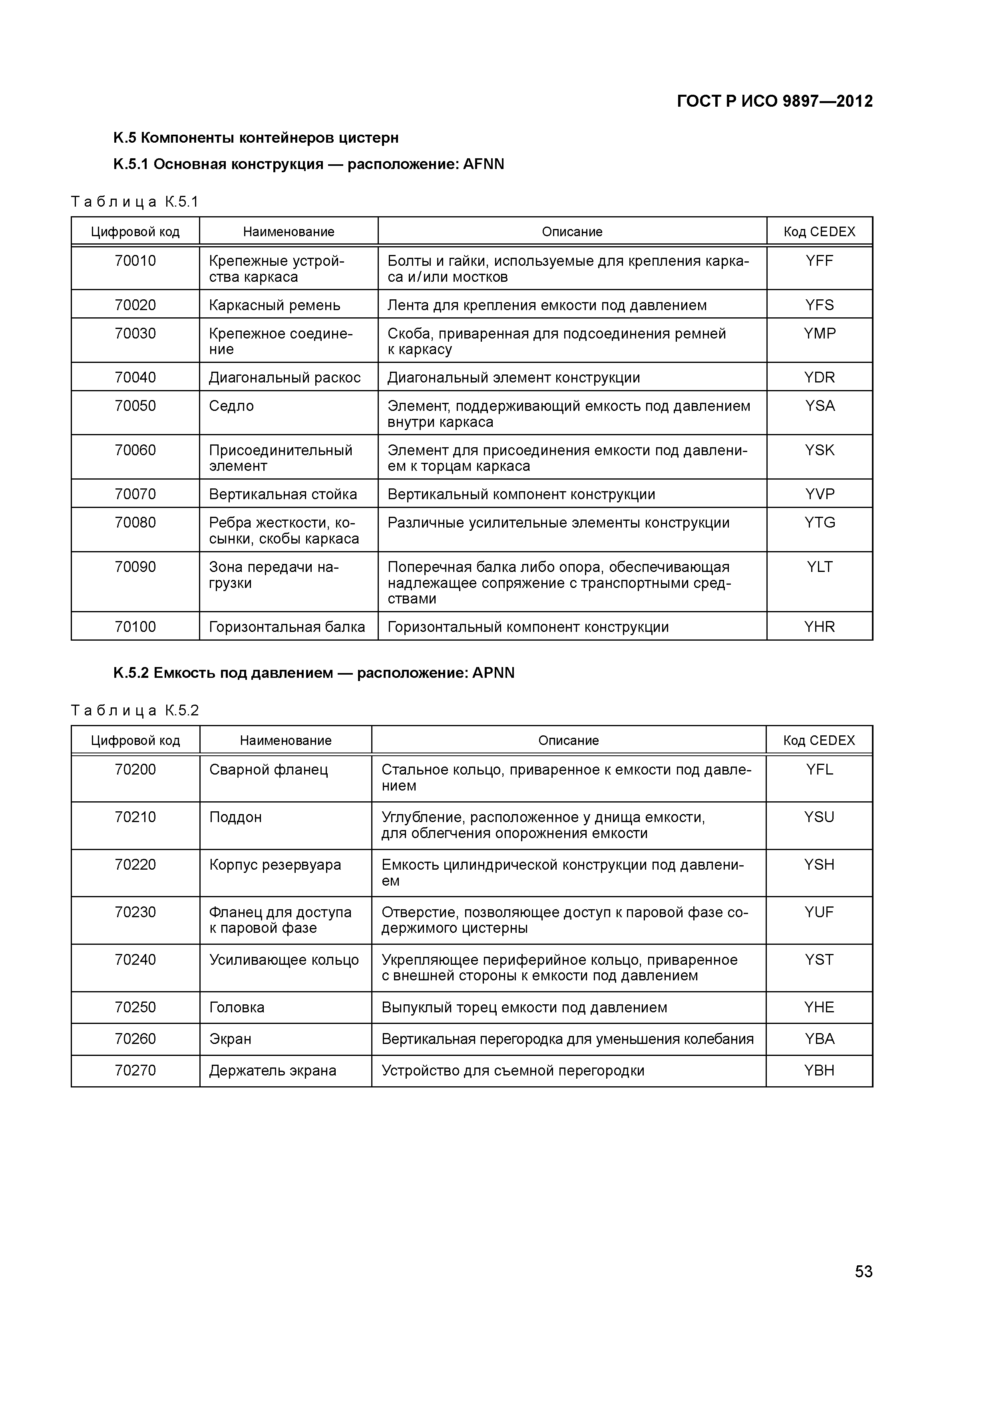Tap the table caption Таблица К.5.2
pos(135,710)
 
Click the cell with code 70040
pos(135,377)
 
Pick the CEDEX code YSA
pos(820,406)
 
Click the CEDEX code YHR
pos(820,627)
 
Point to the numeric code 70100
pos(135,627)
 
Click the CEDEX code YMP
pos(820,333)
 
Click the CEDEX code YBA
pos(820,1039)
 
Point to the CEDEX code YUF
pos(820,912)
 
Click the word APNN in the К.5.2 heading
pos(494,673)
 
